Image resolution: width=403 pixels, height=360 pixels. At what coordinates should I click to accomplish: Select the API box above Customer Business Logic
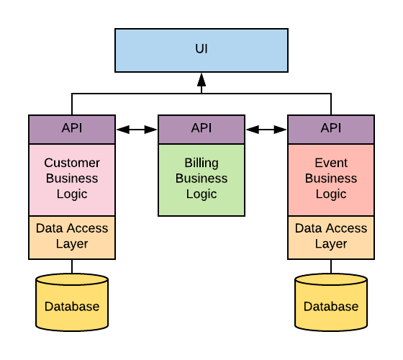[x=72, y=129]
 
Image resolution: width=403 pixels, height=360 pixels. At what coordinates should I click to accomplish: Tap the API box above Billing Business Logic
[x=201, y=129]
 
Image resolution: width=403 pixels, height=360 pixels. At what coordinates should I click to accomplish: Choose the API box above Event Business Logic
[x=331, y=129]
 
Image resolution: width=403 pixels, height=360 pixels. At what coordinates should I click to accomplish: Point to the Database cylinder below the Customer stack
[x=72, y=302]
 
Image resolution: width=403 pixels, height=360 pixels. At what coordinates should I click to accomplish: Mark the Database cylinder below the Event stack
[x=331, y=302]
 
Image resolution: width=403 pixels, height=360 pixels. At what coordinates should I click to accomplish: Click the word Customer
[x=72, y=163]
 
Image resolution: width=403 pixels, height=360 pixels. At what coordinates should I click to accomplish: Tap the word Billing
[x=201, y=163]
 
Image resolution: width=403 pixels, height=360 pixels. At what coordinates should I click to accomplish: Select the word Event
[x=331, y=163]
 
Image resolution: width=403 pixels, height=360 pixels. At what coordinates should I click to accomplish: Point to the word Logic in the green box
[x=201, y=194]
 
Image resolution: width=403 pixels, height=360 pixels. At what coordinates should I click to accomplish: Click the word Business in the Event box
[x=331, y=178]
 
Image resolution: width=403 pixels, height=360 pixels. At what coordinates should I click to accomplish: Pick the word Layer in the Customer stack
[x=72, y=243]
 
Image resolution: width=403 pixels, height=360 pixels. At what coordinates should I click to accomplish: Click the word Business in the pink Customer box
[x=72, y=178]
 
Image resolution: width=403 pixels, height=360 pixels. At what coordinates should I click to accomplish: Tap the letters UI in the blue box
[x=201, y=49]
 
